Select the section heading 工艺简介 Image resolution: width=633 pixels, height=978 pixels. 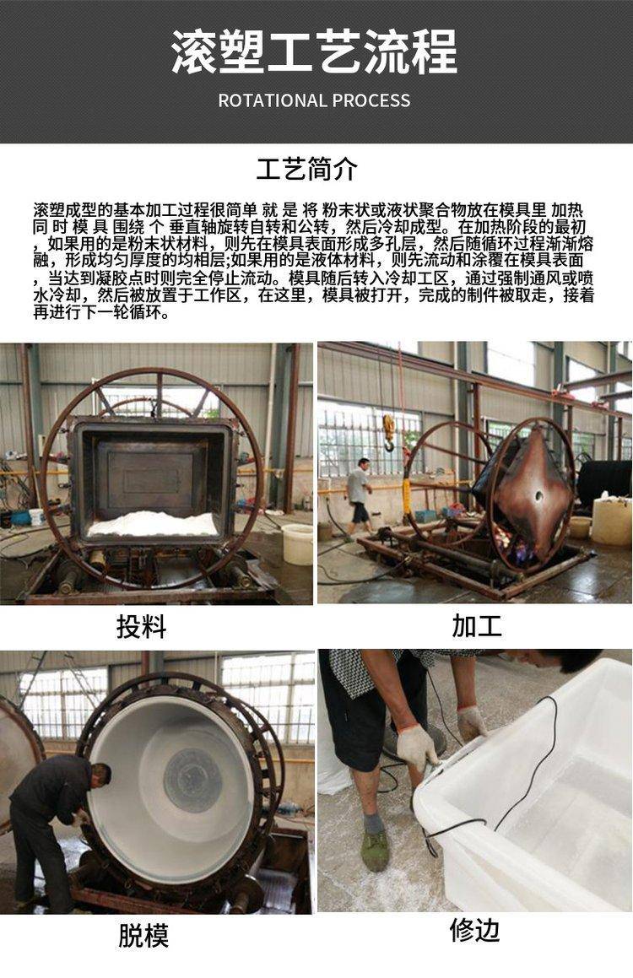307,169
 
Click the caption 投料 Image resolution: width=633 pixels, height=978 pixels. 142,626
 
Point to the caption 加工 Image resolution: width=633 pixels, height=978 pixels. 477,625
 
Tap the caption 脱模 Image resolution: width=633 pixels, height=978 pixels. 143,936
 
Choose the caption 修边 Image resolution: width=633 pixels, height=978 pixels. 475,930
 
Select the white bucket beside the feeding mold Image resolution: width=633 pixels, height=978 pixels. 297,544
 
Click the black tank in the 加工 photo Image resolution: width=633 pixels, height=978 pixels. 603,484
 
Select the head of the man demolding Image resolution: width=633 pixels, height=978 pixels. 100,775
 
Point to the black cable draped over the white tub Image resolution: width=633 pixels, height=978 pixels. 493,792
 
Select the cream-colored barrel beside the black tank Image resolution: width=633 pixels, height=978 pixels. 611,521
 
